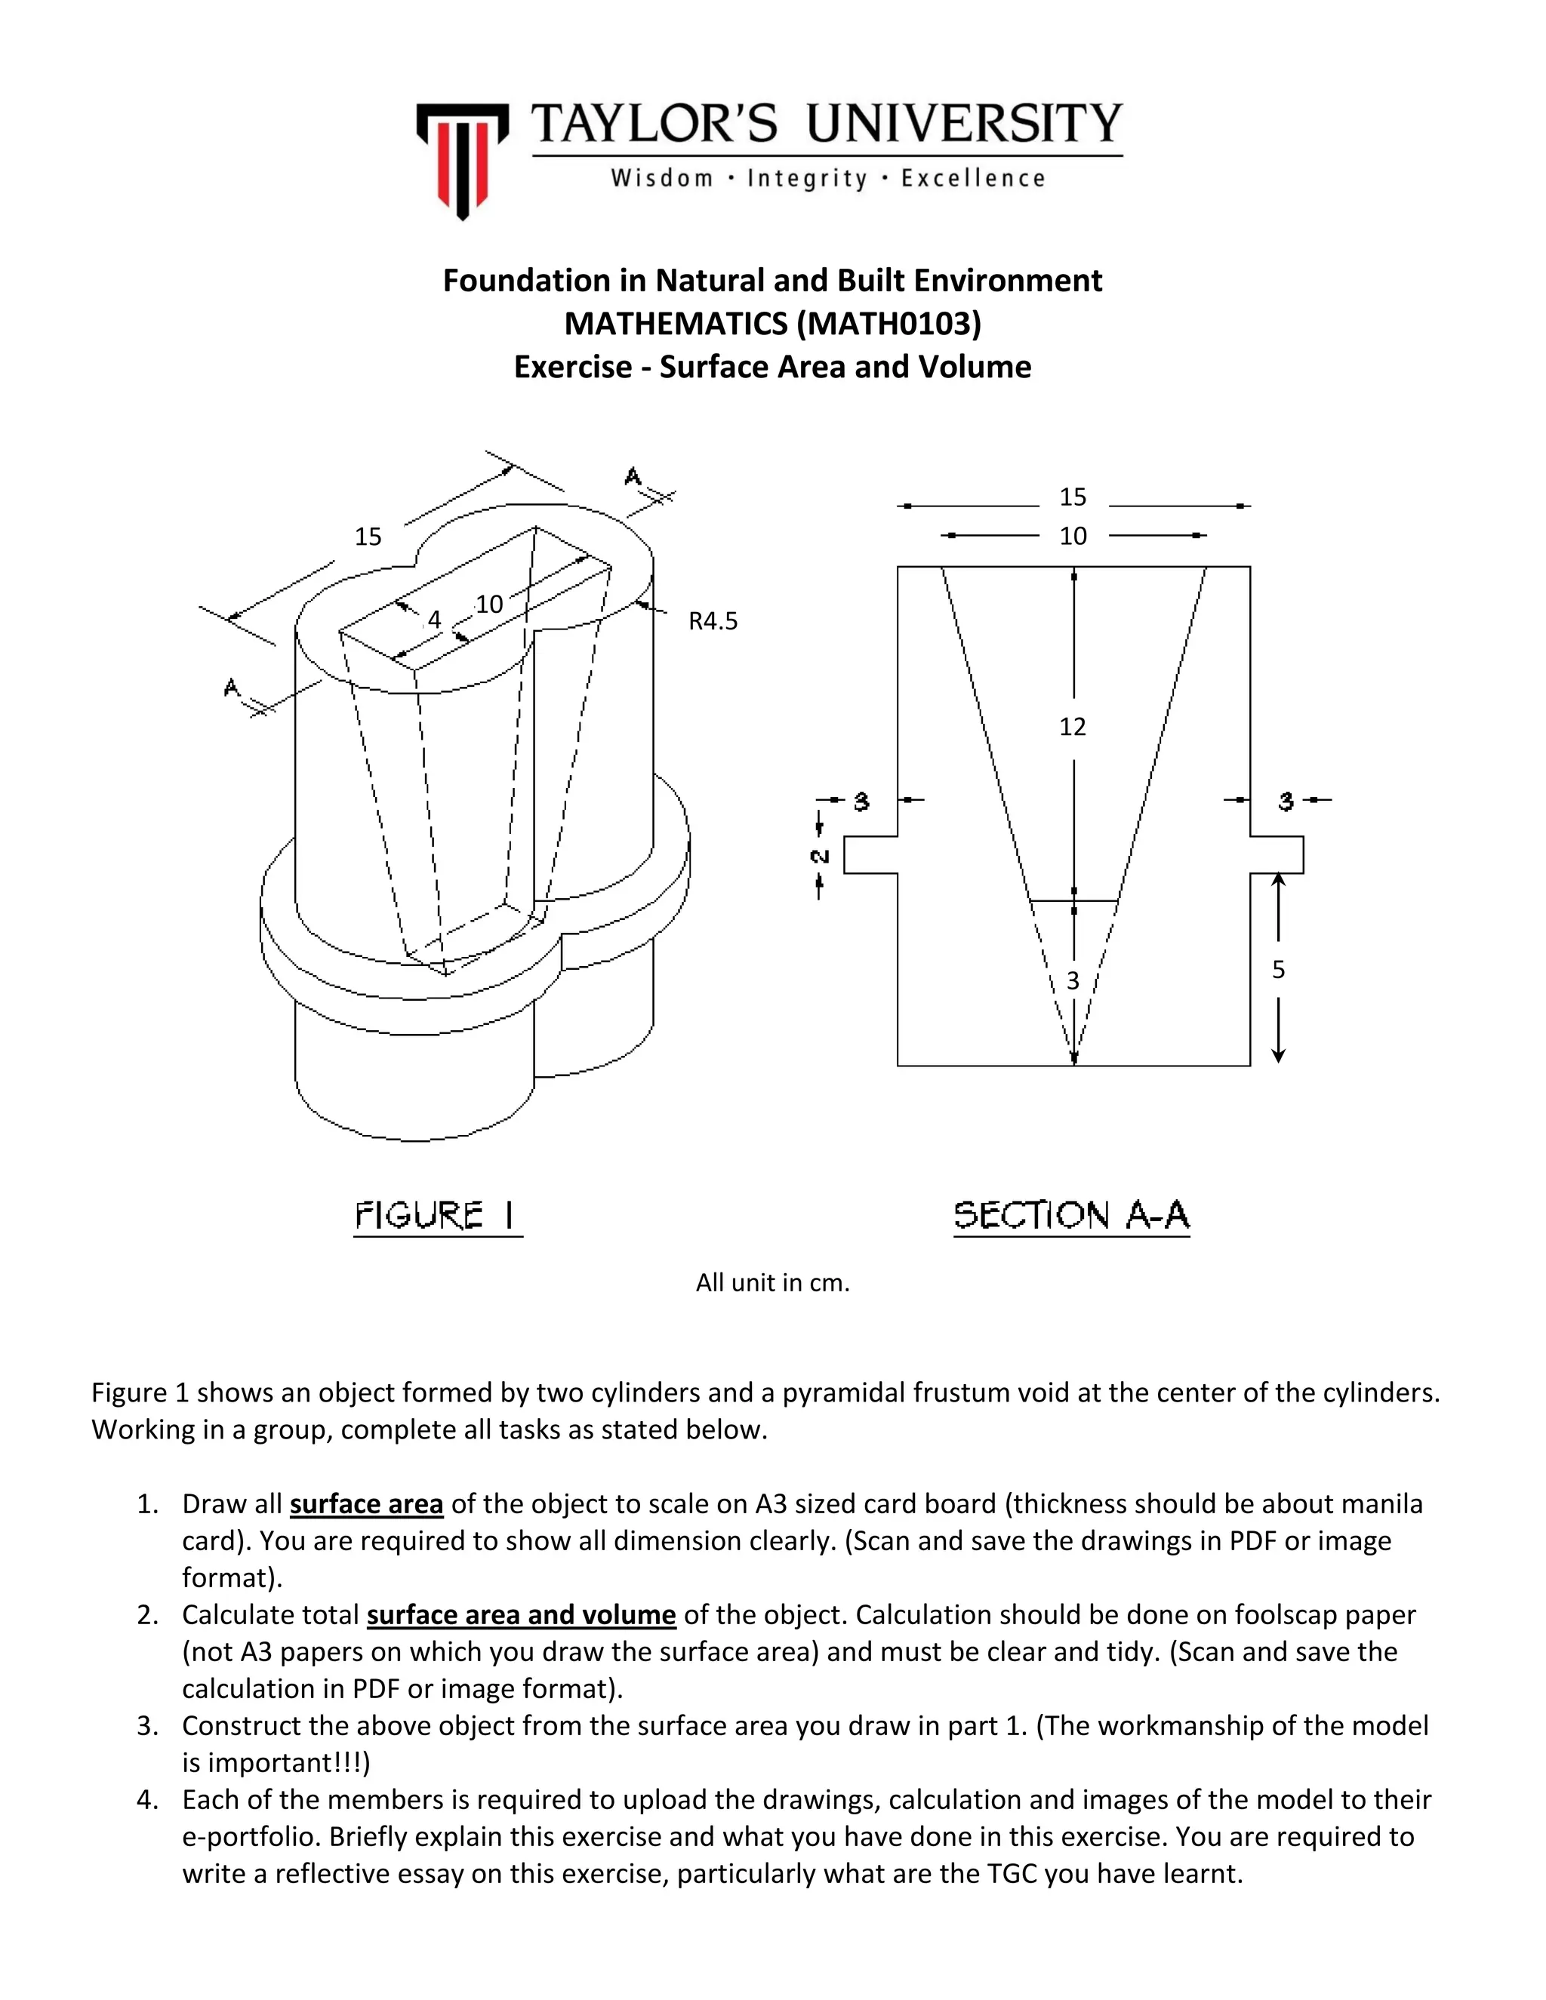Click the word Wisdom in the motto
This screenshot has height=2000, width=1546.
(661, 179)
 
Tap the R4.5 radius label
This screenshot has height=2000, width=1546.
(713, 622)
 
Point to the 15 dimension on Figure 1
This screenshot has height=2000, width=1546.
(368, 537)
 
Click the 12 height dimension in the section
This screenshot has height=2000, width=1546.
(1073, 727)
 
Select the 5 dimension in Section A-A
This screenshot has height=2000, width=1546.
(1279, 970)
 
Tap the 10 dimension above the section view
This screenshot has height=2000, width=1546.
(1073, 537)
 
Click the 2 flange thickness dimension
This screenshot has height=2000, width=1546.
(820, 857)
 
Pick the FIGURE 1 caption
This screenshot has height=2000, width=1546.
(437, 1217)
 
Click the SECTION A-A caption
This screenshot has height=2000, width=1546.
(1072, 1217)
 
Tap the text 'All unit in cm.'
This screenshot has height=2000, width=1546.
(772, 1283)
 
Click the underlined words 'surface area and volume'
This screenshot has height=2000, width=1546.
(521, 1614)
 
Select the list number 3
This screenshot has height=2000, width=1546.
(147, 1726)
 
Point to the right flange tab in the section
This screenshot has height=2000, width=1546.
(1278, 855)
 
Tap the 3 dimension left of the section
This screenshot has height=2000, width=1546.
(861, 802)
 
